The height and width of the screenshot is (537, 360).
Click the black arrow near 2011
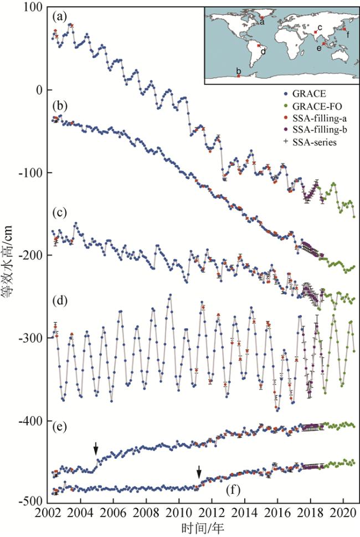pos(199,471)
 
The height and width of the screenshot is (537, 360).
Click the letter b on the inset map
pos(238,71)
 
